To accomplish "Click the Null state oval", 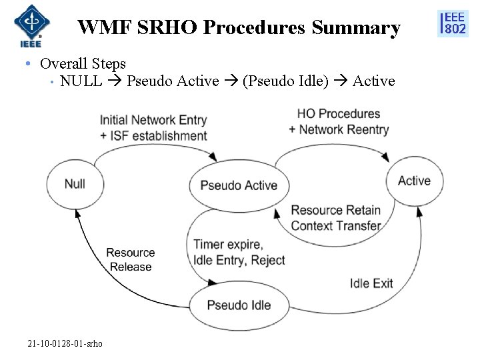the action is tap(75, 183).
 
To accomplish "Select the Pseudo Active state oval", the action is tap(238, 185).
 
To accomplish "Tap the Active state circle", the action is tap(414, 181).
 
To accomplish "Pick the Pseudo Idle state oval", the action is tap(239, 305).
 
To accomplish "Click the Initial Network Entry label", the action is tap(153, 120).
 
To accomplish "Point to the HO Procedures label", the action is tap(339, 114).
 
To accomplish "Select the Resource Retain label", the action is tap(336, 211).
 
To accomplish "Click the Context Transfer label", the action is tap(336, 225).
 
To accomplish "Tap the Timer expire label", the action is tap(228, 245).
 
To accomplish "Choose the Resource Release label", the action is tap(131, 259).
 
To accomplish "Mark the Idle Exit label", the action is tap(371, 283).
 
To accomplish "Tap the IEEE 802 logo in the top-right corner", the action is tap(453, 23).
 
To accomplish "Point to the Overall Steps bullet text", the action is tap(83, 64).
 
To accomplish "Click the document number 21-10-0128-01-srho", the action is tap(65, 343).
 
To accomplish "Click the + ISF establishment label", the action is tap(153, 135).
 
